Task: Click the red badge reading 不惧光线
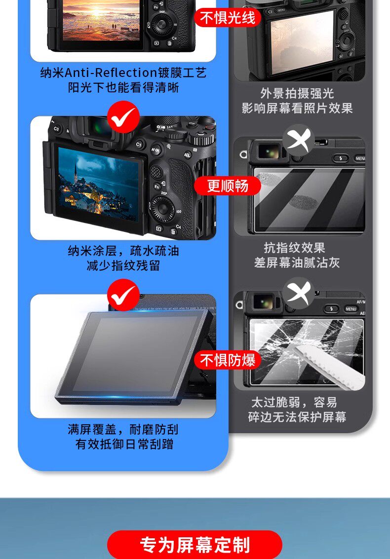point(227,18)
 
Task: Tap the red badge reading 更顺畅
point(227,186)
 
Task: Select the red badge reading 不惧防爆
point(227,360)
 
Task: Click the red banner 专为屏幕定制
point(195,545)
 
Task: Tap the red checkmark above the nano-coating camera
point(123,116)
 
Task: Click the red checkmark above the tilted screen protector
point(123,295)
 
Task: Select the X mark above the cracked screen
point(299,294)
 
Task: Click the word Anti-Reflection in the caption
point(111,73)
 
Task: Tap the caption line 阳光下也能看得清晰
point(123,87)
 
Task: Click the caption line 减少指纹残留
point(123,265)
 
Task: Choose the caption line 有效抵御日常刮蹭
point(124,444)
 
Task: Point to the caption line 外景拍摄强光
point(297,93)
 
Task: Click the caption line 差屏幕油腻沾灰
point(297,263)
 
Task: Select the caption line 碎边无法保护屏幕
point(297,417)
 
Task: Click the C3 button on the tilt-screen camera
point(56,128)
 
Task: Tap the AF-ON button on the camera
point(155,150)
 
